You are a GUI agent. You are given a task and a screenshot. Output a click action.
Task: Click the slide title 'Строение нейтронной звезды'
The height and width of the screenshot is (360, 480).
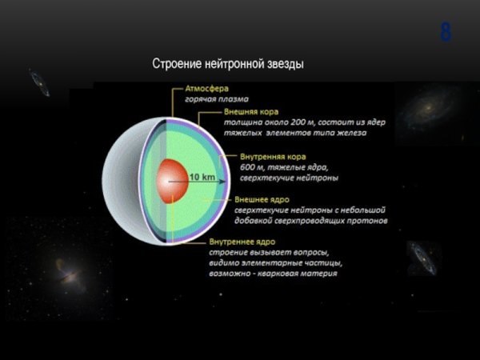(x=228, y=64)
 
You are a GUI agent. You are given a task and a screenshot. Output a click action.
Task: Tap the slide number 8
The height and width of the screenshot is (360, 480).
(x=446, y=34)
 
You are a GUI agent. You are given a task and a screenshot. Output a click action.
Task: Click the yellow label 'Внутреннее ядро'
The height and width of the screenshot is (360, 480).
(x=241, y=241)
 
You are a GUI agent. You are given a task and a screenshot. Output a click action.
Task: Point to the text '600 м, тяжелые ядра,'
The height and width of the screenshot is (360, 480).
(x=278, y=167)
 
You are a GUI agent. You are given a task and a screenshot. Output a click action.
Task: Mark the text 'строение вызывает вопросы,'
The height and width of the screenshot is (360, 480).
(x=256, y=252)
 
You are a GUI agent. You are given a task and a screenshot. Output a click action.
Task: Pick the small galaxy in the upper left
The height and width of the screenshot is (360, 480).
(x=38, y=82)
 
